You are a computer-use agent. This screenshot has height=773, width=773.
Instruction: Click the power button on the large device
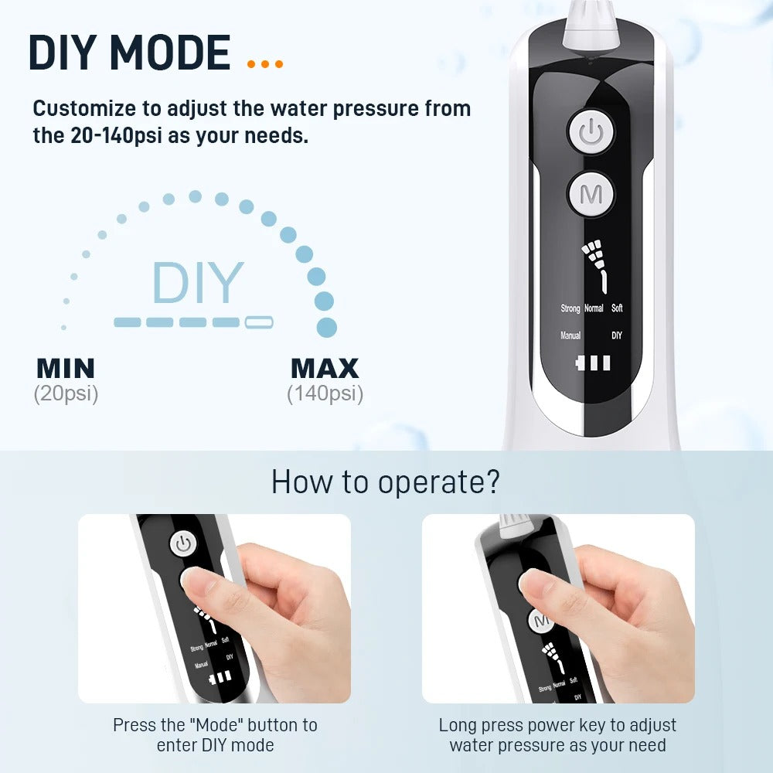coord(591,132)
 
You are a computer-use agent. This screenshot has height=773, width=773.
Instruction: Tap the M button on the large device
coord(591,194)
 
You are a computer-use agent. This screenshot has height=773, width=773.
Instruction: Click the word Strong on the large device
coord(570,308)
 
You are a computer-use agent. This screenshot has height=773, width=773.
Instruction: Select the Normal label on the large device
coord(594,308)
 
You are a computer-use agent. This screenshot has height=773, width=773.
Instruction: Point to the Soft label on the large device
coord(617,308)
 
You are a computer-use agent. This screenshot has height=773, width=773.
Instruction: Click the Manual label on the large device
coord(570,335)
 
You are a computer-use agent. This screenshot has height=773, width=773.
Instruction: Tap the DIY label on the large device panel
coord(617,335)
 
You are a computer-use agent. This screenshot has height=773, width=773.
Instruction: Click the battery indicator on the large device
coord(593,363)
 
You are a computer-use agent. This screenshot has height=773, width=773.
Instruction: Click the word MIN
coord(66,368)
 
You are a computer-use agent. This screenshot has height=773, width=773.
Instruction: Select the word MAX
coord(325,368)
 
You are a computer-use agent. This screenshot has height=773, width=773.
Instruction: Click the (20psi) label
coord(66,394)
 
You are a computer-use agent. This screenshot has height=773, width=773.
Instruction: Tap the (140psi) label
coord(325,394)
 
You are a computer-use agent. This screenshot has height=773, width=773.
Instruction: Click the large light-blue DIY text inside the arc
coord(198,282)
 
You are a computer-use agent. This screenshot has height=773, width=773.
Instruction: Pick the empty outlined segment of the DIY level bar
coord(259,322)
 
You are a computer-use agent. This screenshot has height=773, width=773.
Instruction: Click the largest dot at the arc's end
coord(326,327)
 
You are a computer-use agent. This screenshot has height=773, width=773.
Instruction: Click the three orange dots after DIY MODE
coord(265,64)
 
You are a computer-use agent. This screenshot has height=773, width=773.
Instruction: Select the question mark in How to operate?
coord(492,482)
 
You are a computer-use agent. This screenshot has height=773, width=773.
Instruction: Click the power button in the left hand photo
coord(183,545)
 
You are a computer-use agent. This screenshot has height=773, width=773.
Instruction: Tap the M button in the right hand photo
coord(541,620)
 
